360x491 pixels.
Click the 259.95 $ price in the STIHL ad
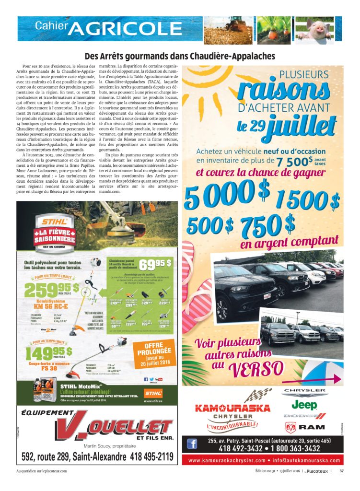[x=54, y=290]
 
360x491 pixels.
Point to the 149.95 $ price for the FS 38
[x=49, y=353]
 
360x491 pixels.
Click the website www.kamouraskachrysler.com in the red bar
[x=226, y=460]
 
